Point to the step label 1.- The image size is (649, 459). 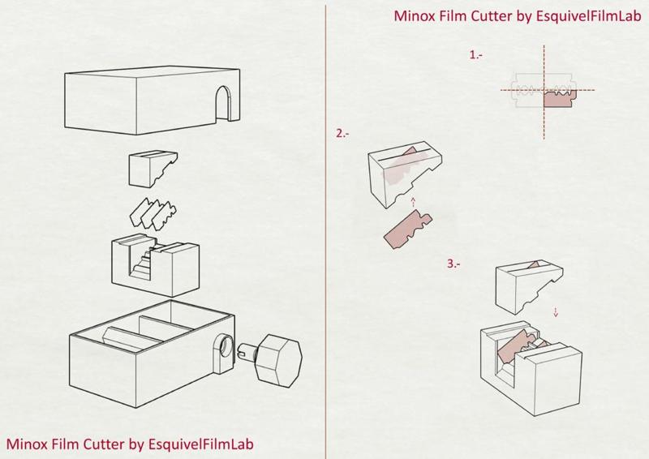click(x=477, y=54)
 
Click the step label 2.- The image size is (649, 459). click(x=342, y=134)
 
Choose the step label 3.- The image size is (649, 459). click(x=453, y=264)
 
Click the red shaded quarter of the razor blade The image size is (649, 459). click(x=557, y=100)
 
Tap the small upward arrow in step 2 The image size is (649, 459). click(x=412, y=201)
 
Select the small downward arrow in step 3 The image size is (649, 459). click(x=556, y=311)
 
